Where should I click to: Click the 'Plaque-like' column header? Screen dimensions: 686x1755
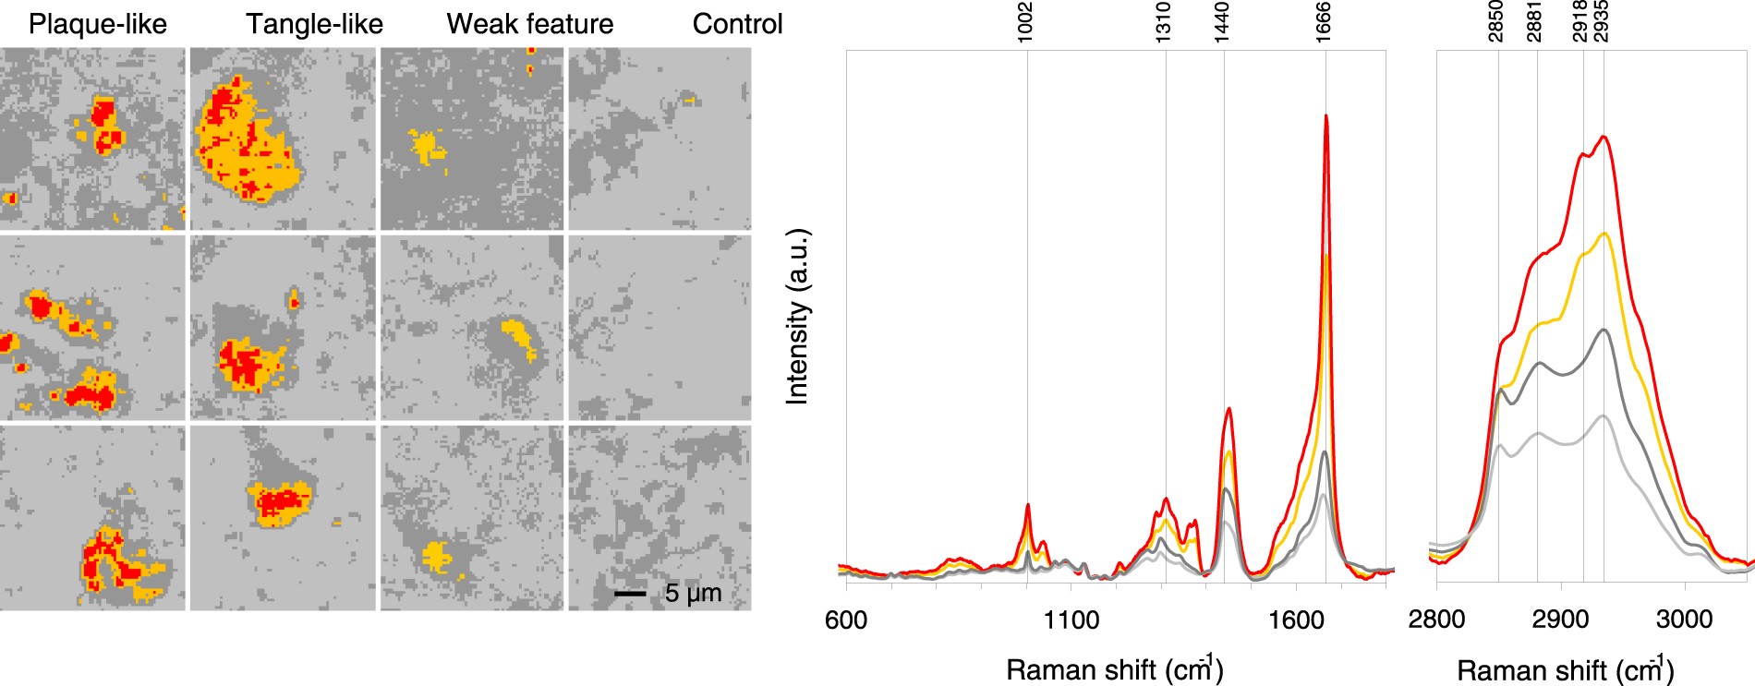98,24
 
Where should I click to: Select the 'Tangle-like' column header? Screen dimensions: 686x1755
314,24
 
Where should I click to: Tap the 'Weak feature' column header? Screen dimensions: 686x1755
529,24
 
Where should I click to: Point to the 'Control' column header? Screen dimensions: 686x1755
737,24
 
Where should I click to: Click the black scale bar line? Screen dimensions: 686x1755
630,594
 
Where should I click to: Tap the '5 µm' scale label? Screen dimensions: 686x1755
693,593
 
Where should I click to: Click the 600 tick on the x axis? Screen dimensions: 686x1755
846,620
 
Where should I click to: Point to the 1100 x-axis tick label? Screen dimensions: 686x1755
1071,620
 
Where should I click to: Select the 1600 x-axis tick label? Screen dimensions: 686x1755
1296,620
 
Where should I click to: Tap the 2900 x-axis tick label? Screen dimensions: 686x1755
1560,620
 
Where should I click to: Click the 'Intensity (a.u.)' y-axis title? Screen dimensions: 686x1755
797,316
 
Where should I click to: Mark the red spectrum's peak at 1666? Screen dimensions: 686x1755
1326,116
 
